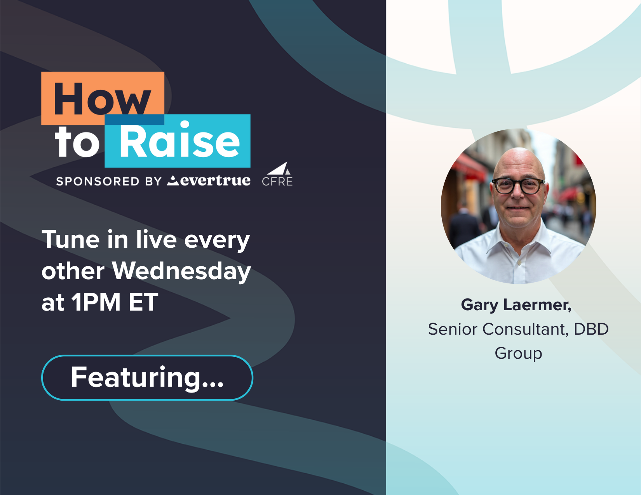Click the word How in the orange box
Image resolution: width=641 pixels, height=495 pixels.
[102, 99]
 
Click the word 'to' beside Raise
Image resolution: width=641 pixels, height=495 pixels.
[77, 142]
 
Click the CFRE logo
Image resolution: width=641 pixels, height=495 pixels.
[277, 174]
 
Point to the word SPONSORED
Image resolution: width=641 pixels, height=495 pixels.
[98, 181]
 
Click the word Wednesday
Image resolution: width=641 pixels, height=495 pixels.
[181, 271]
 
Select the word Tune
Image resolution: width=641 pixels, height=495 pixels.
[70, 240]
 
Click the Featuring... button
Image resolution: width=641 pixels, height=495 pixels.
[147, 378]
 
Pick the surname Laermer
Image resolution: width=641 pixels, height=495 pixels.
[537, 304]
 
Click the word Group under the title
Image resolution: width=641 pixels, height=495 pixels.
[519, 353]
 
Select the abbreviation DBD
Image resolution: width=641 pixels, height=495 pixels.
[591, 329]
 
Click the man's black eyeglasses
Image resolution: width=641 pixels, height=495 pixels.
[518, 186]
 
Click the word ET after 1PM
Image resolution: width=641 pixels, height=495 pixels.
[143, 302]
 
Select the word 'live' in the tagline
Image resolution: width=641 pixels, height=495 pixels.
[156, 239]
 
